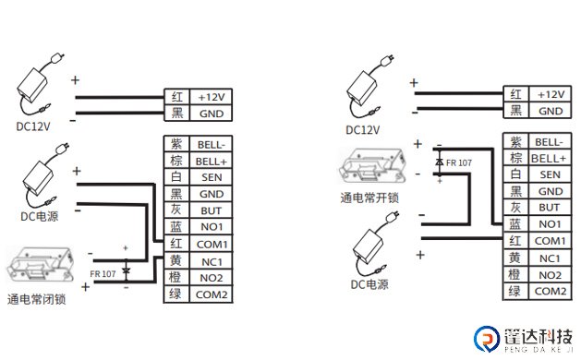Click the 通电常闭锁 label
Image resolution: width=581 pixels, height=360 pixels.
click(36, 299)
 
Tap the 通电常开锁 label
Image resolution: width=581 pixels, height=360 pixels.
click(369, 198)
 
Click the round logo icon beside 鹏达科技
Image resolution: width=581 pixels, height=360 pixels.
click(487, 338)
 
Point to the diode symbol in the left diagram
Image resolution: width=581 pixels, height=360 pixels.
click(126, 271)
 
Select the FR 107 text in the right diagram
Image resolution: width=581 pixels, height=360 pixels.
click(459, 163)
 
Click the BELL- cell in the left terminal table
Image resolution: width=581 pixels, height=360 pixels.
click(212, 144)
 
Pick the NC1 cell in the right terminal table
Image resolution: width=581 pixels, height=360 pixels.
click(550, 258)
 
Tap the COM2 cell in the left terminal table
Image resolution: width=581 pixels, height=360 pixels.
click(212, 294)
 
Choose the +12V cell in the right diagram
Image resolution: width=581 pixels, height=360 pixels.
click(551, 94)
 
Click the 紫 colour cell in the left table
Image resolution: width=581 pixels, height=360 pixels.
click(176, 144)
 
